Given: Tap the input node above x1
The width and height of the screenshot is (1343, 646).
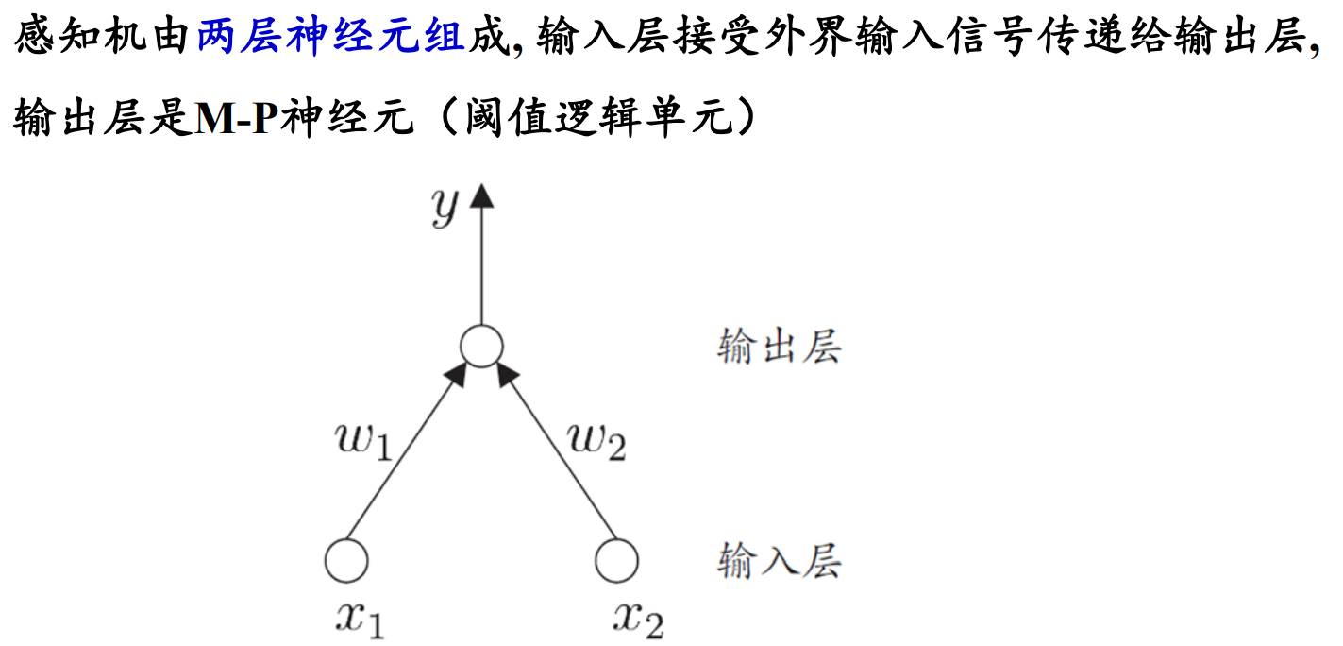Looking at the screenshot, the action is coord(346,560).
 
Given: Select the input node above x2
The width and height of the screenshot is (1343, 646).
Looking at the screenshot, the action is coord(616,560).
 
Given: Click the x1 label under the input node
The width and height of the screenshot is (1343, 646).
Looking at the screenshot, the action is coord(361,619).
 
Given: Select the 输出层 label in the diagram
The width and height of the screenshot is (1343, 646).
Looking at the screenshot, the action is coord(779,348).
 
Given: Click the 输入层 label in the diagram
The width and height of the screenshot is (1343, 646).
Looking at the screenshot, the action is coord(779,560).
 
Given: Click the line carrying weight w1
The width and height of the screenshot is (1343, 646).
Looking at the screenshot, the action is coord(406,463).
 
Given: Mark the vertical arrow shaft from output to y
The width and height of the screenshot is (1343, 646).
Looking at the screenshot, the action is coord(481,264).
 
